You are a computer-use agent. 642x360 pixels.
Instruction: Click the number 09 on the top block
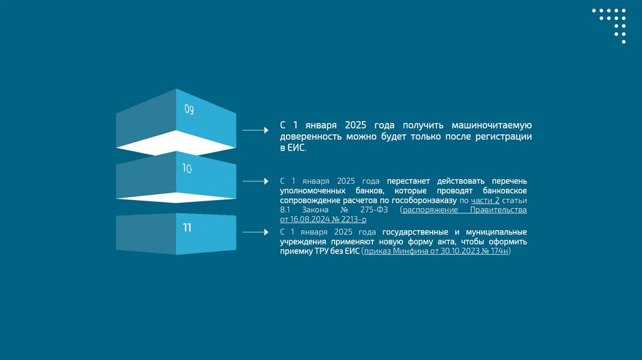pyautogui.click(x=189, y=110)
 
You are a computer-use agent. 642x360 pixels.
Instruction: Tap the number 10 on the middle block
pyautogui.click(x=187, y=168)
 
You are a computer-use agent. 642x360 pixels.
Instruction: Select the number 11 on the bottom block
pyautogui.click(x=187, y=228)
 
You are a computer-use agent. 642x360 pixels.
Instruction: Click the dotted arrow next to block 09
pyautogui.click(x=255, y=130)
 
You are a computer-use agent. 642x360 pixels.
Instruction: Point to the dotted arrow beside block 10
pyautogui.click(x=255, y=181)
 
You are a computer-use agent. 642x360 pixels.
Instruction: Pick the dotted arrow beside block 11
pyautogui.click(x=255, y=232)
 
